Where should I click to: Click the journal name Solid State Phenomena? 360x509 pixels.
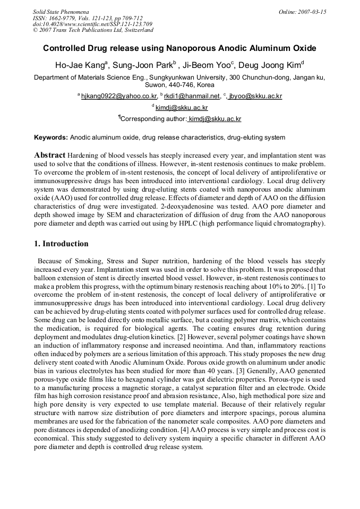point(61,11)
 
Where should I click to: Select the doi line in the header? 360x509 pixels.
point(85,24)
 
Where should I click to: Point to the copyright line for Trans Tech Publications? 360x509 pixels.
point(93,30)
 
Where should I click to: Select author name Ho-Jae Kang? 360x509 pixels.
point(80,66)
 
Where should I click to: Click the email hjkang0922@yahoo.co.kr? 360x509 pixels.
point(119,96)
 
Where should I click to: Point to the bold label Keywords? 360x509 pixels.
point(51,137)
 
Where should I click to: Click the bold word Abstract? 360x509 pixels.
point(50,155)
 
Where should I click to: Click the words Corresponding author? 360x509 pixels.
point(153,119)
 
